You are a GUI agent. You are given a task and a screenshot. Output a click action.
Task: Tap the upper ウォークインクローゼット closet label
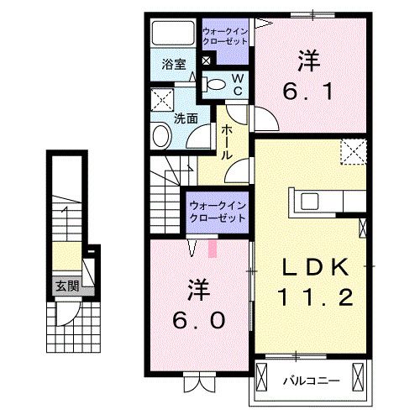click(x=224, y=38)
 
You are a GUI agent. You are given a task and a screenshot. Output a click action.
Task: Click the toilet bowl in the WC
click(x=215, y=83)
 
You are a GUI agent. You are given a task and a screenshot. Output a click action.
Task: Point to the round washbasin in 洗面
click(x=160, y=136)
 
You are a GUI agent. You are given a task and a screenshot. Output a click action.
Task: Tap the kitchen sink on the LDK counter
click(x=308, y=201)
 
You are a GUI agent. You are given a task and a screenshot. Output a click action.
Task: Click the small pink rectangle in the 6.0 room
click(x=212, y=249)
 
